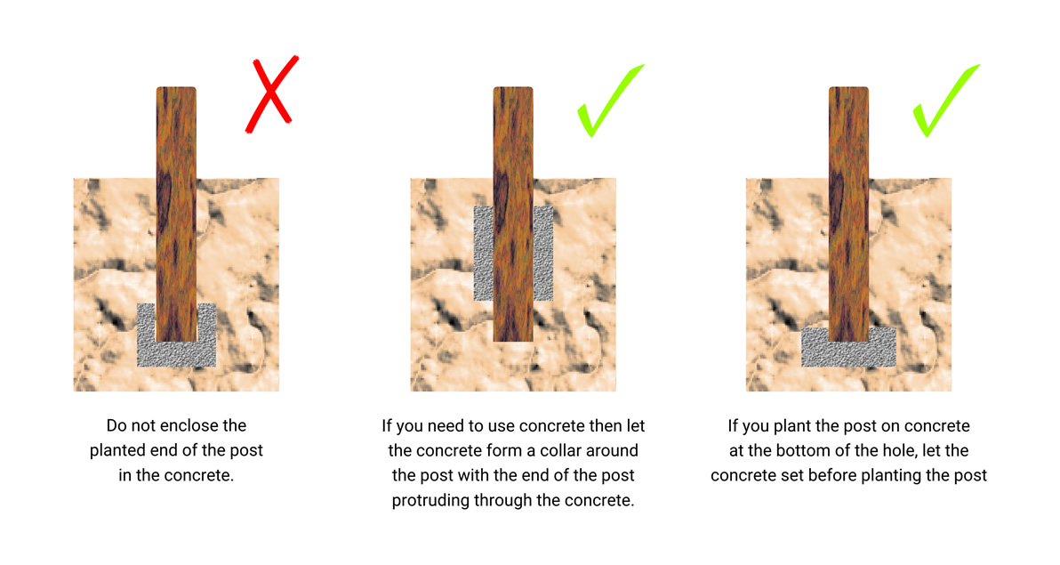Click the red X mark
tap(270, 96)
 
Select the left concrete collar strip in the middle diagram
tap(483, 253)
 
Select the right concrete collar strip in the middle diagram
tap(543, 253)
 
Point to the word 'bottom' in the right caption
tap(784, 450)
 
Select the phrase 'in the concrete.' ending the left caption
tap(176, 475)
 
